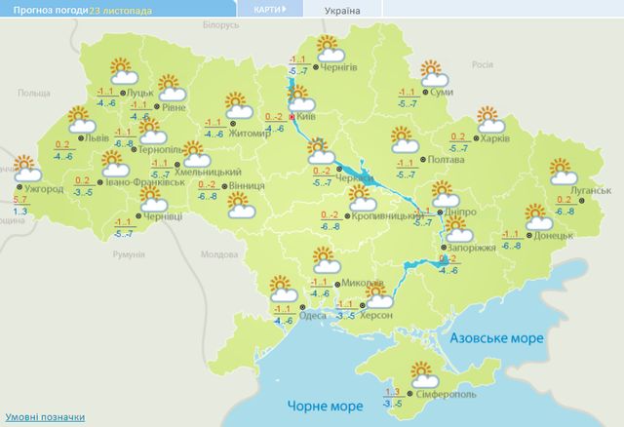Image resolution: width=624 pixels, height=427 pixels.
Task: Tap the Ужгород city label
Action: point(43,187)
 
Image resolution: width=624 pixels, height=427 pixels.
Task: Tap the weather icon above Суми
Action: point(432,72)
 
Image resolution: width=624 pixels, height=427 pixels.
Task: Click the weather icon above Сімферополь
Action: point(423,372)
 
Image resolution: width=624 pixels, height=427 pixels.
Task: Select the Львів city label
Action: point(97,137)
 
